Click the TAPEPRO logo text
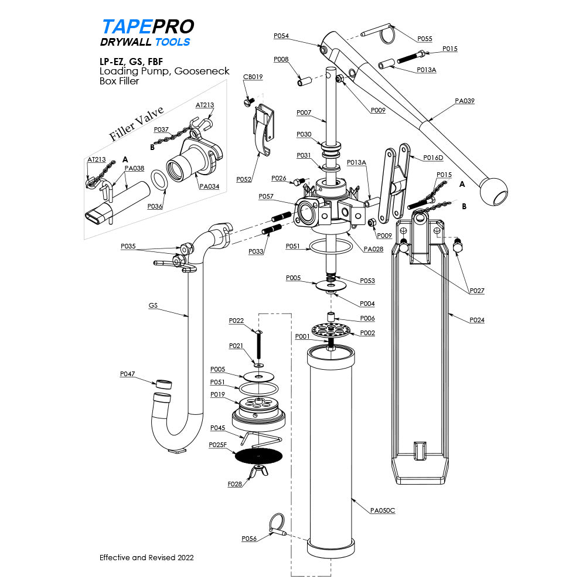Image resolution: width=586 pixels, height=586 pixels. (x=148, y=27)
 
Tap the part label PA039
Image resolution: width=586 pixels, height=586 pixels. (x=464, y=101)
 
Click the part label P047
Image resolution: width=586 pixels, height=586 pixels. (x=127, y=373)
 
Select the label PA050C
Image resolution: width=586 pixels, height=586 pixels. (x=383, y=510)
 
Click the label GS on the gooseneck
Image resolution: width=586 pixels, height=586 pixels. (x=153, y=305)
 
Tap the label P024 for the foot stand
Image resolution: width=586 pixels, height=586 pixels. (x=478, y=320)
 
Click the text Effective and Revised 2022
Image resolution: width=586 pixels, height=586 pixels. (x=146, y=557)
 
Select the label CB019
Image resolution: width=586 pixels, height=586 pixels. (x=253, y=77)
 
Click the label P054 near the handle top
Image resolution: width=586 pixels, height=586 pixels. (x=281, y=36)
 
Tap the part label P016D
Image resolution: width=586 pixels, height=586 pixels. (x=434, y=158)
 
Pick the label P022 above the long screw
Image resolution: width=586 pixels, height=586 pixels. (x=236, y=321)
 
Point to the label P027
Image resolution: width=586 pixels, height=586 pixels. (x=478, y=291)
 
